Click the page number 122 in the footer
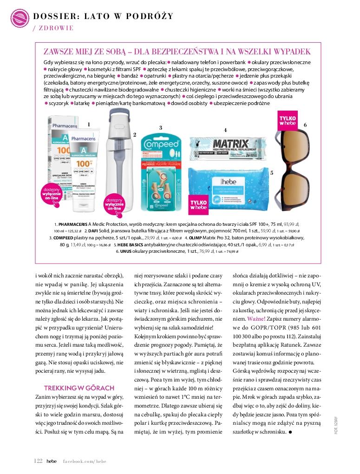click(x=39, y=460)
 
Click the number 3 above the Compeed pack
click(x=160, y=127)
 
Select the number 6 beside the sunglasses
click(x=305, y=125)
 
